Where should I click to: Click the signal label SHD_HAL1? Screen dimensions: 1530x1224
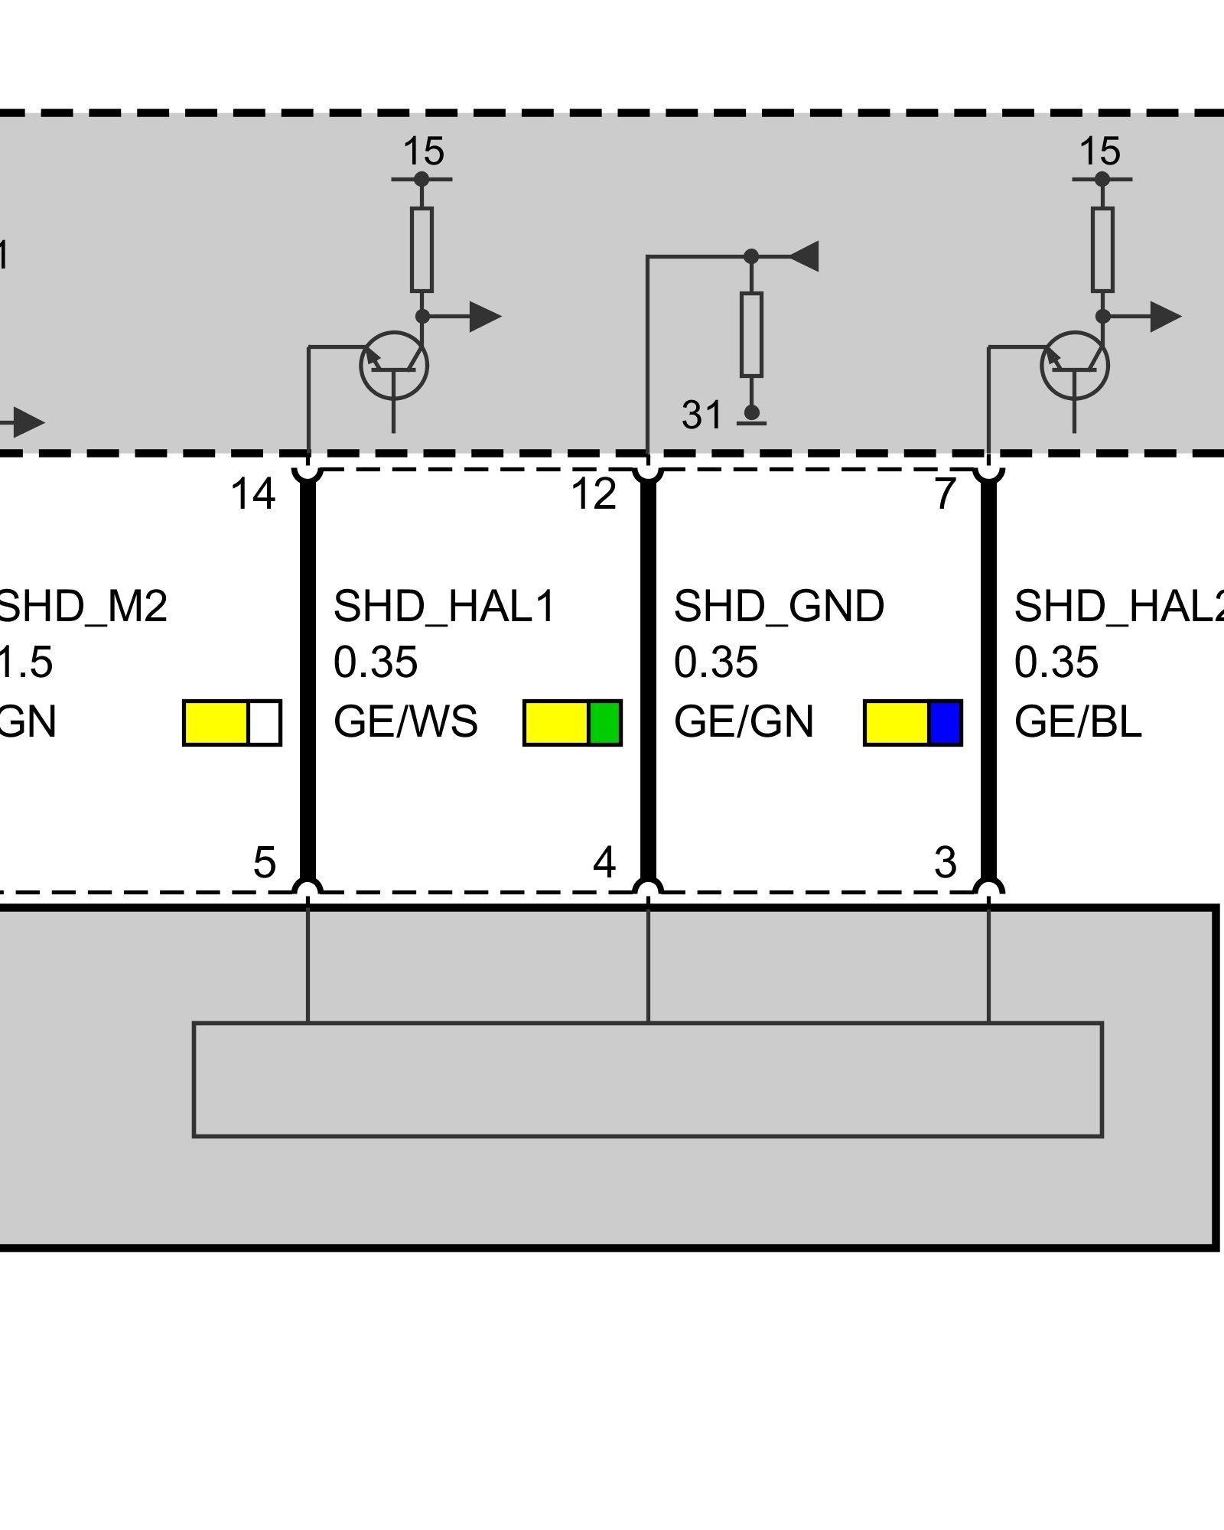444,607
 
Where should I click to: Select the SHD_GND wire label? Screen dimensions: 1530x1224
779,607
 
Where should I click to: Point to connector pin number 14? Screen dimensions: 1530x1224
252,494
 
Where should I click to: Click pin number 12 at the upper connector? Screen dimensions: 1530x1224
594,494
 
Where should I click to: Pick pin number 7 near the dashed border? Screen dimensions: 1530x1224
946,494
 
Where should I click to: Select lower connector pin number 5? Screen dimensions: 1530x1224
264,863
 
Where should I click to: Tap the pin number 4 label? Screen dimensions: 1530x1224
604,863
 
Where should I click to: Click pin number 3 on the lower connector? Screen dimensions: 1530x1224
946,863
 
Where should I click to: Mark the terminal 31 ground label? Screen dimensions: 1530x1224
702,415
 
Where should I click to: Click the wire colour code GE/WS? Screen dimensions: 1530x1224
405,722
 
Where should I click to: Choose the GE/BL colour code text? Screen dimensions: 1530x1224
1077,722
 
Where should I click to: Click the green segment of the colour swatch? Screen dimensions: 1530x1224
604,723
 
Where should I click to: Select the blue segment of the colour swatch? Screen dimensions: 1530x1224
945,723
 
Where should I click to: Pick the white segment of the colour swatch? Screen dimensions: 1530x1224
265,723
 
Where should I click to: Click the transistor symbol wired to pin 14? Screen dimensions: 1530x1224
394,366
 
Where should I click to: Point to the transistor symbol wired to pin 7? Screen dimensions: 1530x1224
1074,366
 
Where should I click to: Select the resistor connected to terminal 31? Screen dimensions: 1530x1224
751,334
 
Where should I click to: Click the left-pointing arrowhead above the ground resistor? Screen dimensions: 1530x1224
805,256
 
